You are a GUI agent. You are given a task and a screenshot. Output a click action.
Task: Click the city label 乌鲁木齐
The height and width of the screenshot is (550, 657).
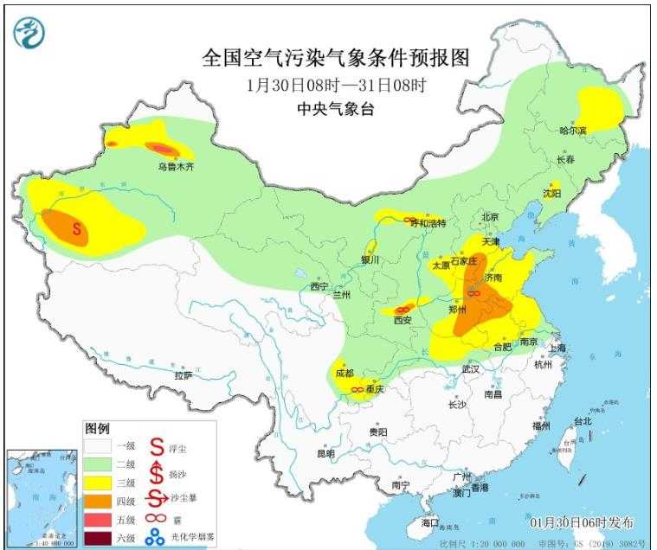coord(176,167)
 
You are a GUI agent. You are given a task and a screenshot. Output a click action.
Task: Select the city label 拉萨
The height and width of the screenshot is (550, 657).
coord(183,375)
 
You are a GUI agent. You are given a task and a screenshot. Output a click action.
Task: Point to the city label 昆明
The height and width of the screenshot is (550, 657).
coord(325,453)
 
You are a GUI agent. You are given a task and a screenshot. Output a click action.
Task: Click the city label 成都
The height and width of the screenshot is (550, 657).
coord(345,373)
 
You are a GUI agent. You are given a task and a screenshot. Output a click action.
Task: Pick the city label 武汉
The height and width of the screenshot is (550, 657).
coord(470,368)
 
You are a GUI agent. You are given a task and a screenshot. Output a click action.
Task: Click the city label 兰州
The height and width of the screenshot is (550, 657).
coord(341,295)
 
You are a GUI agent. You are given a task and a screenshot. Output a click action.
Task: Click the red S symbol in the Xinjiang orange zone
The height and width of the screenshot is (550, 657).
coord(77,230)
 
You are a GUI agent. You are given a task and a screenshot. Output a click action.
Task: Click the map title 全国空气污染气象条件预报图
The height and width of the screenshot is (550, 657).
coord(335,58)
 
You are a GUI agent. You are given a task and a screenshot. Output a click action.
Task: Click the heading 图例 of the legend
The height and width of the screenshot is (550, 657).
coord(97,429)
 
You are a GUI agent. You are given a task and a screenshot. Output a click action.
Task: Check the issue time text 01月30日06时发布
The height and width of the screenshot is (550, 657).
coord(581,522)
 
